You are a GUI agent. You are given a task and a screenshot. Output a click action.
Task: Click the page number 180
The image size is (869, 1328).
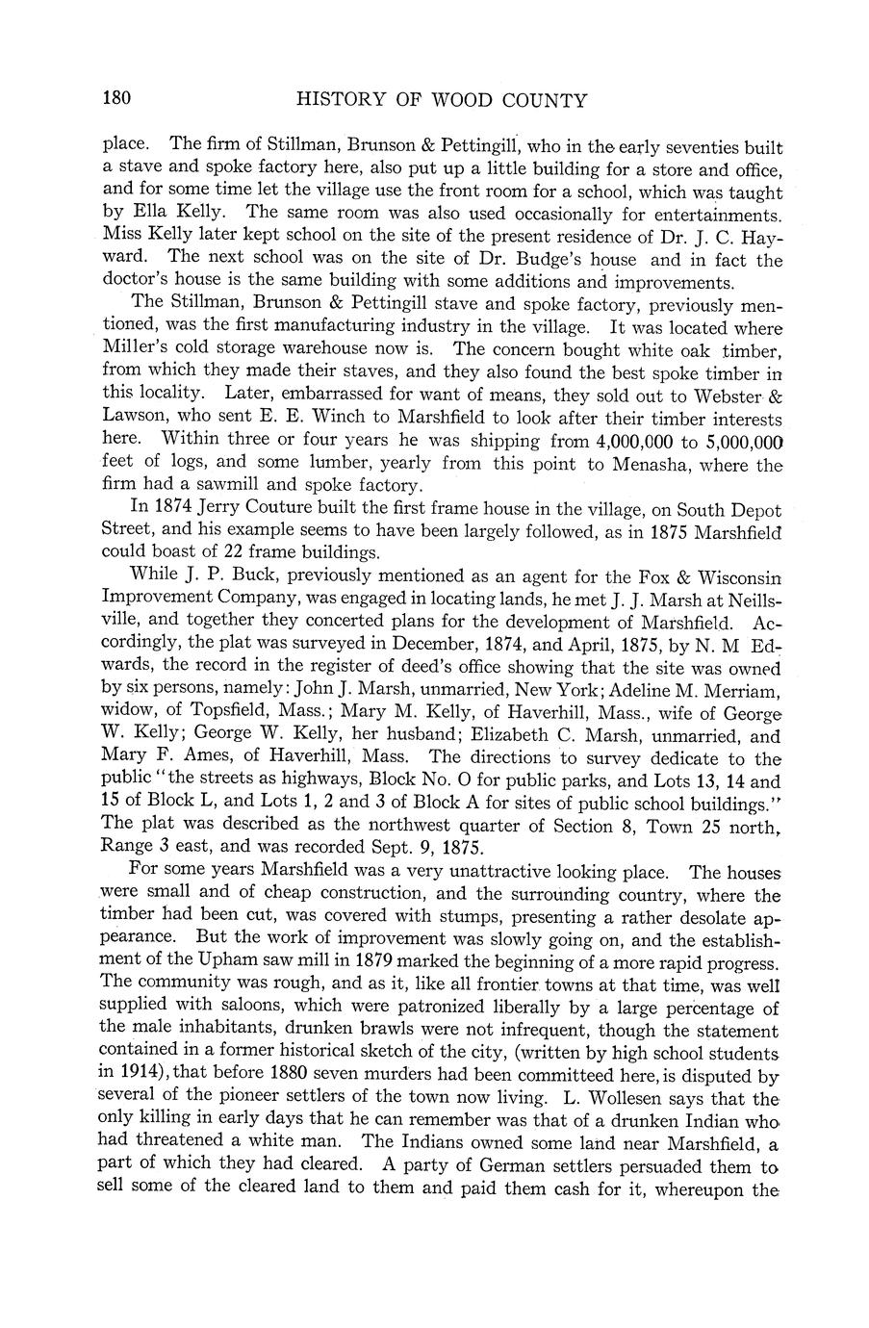(x=116, y=99)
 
